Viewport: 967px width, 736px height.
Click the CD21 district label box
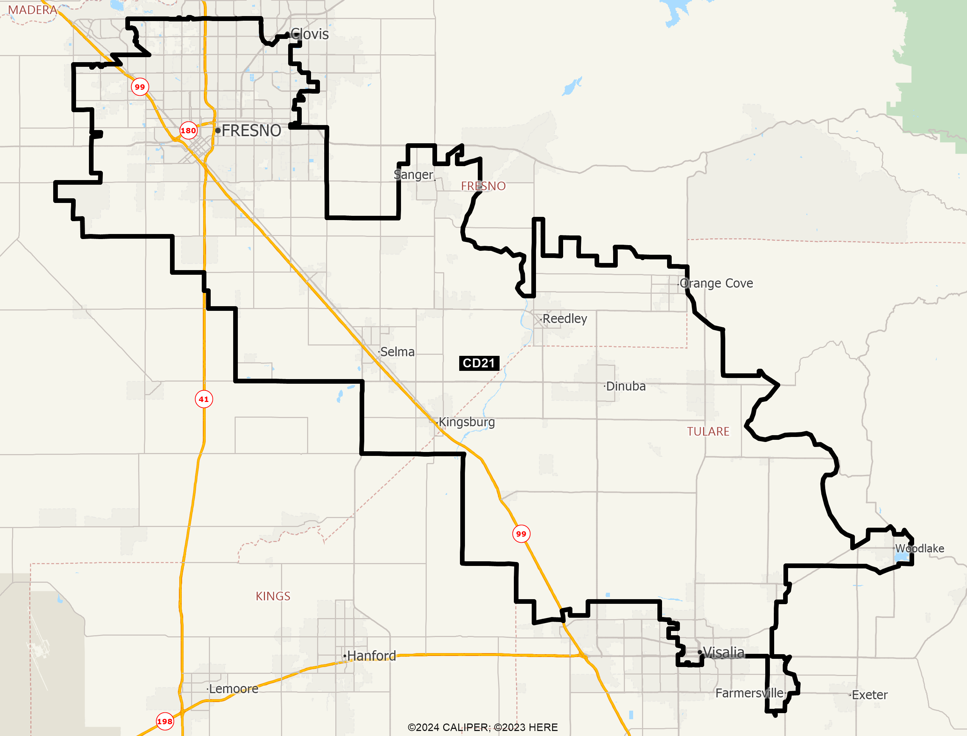pos(479,363)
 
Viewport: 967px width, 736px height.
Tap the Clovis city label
pos(310,34)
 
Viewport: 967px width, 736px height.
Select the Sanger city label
pos(413,175)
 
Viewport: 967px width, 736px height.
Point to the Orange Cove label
pos(716,283)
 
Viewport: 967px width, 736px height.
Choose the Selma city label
pos(397,352)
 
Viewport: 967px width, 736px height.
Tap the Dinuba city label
pos(626,387)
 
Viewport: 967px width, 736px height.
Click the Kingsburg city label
pos(467,422)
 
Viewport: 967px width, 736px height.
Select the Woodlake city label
pos(919,548)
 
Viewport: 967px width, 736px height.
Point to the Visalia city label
pos(723,653)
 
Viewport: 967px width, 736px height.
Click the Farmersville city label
pos(750,693)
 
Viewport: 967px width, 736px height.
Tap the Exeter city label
pos(870,695)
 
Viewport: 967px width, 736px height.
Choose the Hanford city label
pos(371,656)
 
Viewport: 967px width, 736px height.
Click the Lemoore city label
pos(233,689)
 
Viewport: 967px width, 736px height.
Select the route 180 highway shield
pos(188,130)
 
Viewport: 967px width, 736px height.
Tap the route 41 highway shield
pos(204,399)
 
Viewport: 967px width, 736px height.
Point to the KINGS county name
pos(273,596)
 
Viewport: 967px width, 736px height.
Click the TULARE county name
pos(708,432)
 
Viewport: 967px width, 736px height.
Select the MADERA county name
pos(32,10)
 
